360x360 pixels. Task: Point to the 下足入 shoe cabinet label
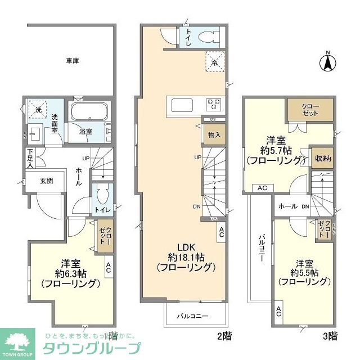pyautogui.click(x=30, y=157)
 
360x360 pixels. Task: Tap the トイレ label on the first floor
pyautogui.click(x=102, y=210)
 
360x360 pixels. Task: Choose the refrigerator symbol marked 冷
pyautogui.click(x=214, y=60)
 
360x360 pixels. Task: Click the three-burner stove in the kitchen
pyautogui.click(x=213, y=105)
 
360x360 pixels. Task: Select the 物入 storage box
pyautogui.click(x=214, y=134)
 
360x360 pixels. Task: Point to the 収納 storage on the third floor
pyautogui.click(x=323, y=158)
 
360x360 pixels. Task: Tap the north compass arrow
pyautogui.click(x=327, y=63)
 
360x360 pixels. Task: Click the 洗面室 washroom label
pyautogui.click(x=55, y=124)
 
